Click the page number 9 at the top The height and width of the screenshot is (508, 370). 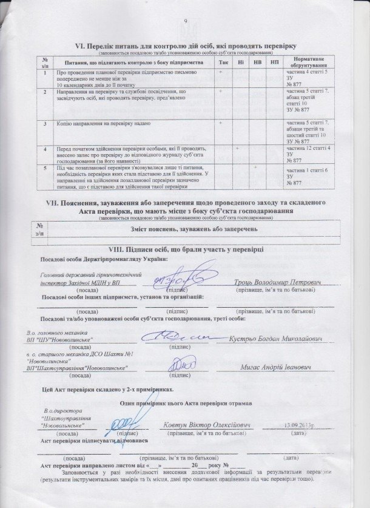186,22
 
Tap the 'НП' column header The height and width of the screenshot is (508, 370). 274,63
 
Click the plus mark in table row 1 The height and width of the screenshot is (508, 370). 221,72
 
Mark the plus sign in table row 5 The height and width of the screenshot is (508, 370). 255,166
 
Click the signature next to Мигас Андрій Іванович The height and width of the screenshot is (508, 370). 180,365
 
